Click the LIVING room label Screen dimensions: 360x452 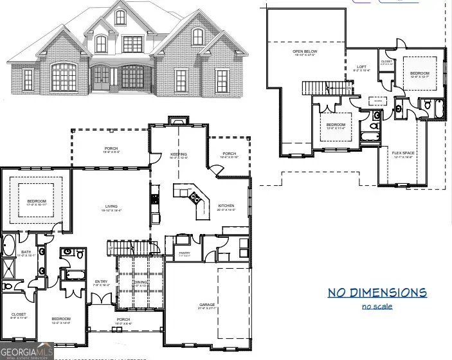(x=111, y=206)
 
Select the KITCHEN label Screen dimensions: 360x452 (x=226, y=206)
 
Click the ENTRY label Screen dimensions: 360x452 (x=102, y=281)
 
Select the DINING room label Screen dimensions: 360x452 (x=140, y=281)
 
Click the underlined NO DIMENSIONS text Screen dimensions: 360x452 (x=377, y=293)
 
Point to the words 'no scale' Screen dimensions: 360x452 (x=377, y=306)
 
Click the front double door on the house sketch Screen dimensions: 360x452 (x=102, y=79)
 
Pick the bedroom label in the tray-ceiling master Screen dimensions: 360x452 (x=37, y=202)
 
